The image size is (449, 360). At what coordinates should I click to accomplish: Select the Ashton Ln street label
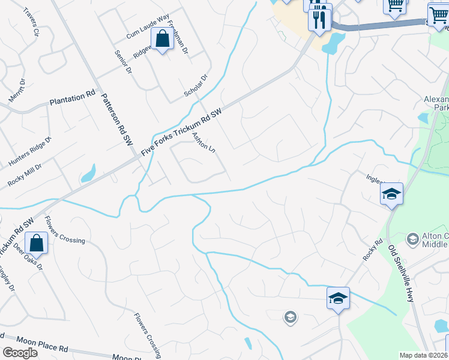pos(203,142)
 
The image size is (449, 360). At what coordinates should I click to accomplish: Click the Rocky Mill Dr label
pos(25,174)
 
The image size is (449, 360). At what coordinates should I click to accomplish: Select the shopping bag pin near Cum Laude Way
pos(163,40)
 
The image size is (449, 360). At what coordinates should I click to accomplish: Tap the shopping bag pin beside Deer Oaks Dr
pos(37,244)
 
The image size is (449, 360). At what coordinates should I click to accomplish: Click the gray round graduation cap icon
pos(291,317)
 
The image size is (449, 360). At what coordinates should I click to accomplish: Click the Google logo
pos(20,353)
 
